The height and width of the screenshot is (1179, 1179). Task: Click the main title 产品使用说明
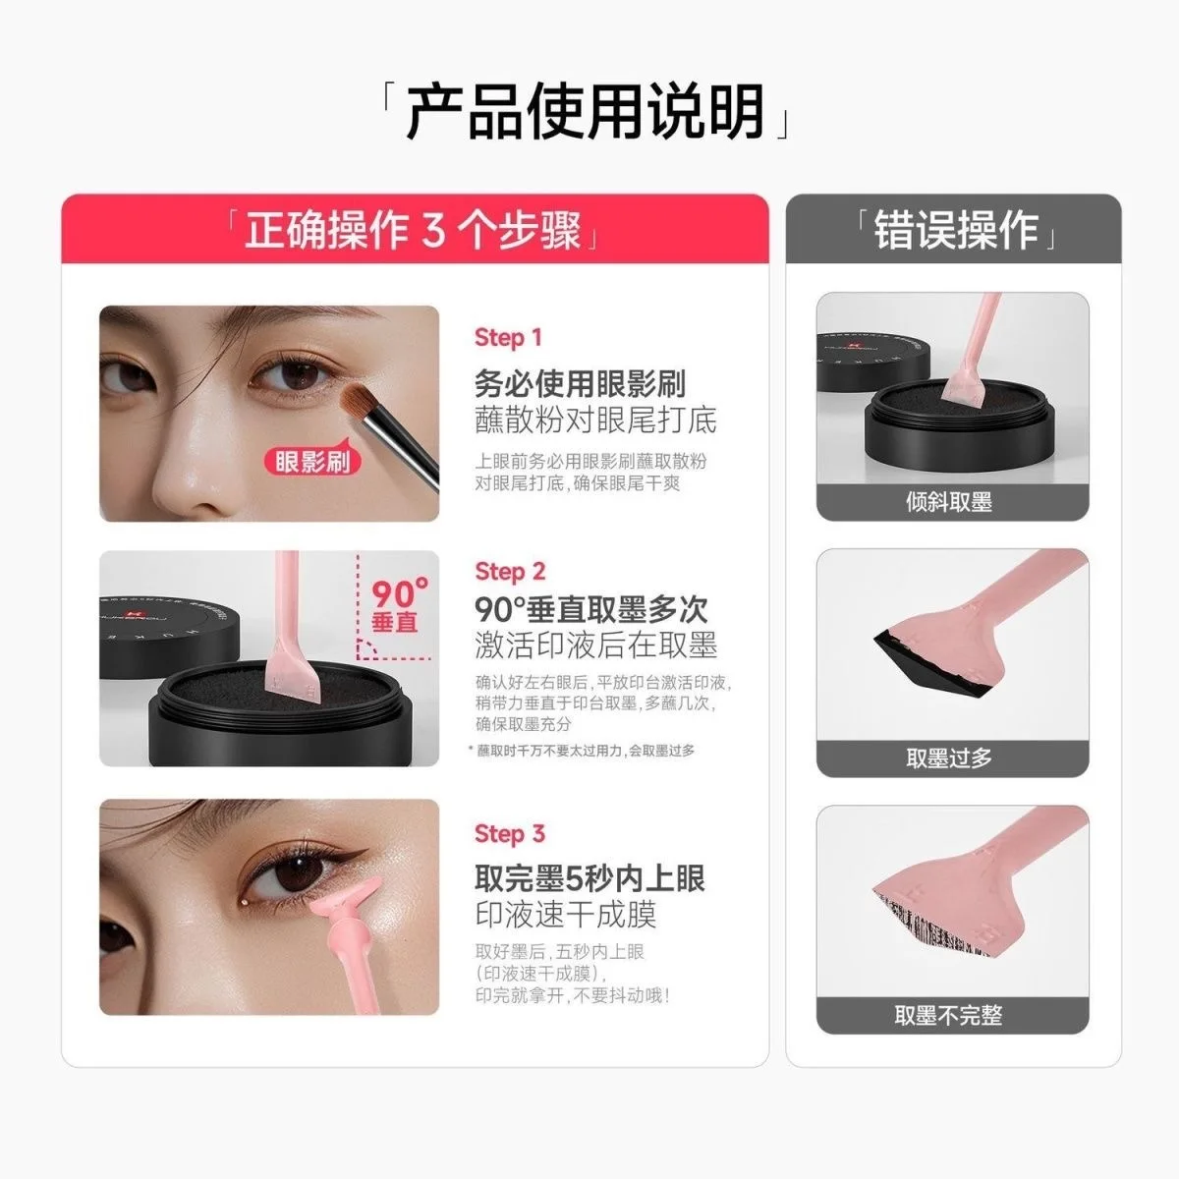[x=587, y=111]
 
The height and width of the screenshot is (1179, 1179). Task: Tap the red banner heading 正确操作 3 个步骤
[x=413, y=231]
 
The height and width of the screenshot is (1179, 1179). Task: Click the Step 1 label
[x=508, y=338]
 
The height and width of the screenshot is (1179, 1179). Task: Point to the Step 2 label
[x=509, y=572]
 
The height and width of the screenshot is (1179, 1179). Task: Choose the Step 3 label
[x=509, y=834]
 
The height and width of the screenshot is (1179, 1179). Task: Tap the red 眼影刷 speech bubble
[x=312, y=461]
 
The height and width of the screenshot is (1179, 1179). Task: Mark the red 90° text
[x=399, y=594]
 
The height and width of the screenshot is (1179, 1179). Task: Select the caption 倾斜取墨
[x=949, y=502]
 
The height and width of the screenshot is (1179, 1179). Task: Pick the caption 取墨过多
[x=949, y=758]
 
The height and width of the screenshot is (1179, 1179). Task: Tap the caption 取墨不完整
[x=949, y=1016]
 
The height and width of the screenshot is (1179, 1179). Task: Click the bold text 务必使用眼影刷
[x=580, y=384]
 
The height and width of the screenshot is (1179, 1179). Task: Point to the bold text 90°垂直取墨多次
[x=591, y=609]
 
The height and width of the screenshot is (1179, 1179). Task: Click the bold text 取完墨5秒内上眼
[x=589, y=878]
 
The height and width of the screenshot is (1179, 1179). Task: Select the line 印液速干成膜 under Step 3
[x=565, y=915]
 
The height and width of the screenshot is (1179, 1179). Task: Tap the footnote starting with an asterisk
[x=582, y=751]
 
